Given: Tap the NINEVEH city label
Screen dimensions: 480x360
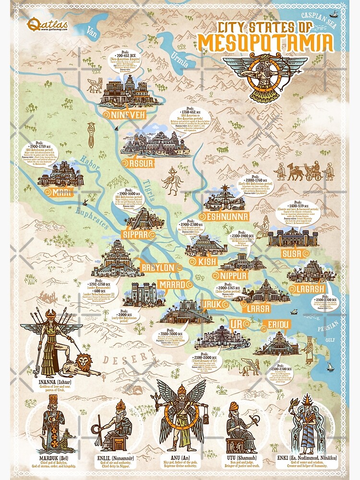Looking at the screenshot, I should pyautogui.click(x=124, y=115).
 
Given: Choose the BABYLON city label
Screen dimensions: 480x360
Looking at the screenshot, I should pyautogui.click(x=157, y=267).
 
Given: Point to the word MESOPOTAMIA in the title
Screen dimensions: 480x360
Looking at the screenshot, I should pyautogui.click(x=265, y=43).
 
